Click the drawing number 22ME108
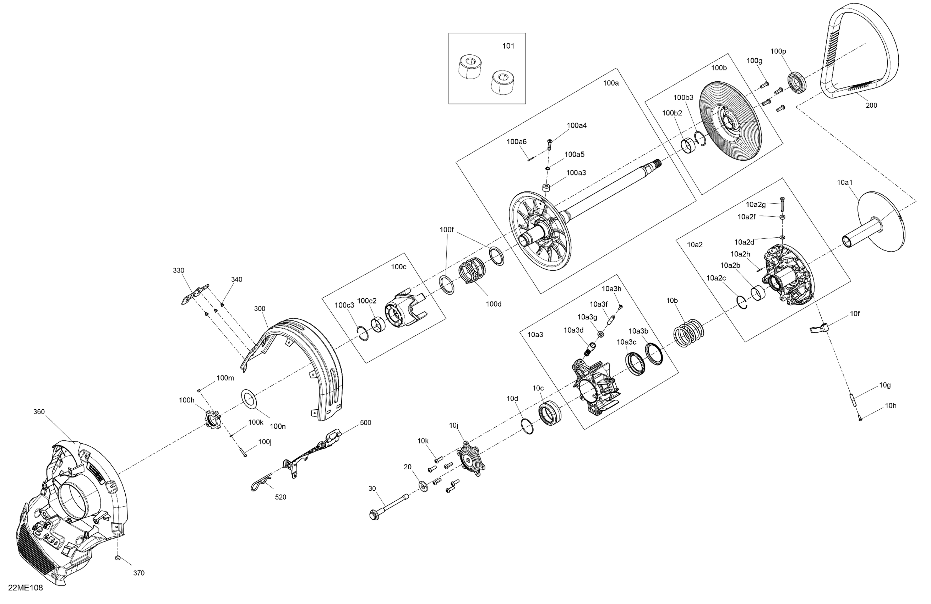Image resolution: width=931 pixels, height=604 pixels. pos(26,588)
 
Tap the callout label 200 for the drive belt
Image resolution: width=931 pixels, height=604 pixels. pos(871,105)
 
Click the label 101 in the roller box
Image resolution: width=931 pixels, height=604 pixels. pos(508,46)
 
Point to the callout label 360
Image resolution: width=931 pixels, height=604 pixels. pos(39,412)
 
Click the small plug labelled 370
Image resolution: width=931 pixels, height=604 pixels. pos(118,557)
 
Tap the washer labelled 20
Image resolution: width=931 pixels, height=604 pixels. pos(423,486)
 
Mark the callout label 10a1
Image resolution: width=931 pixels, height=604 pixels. pos(845,182)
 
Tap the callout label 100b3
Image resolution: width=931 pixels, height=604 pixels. pos(683,97)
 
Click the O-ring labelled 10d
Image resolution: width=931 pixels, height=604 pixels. pos(527,426)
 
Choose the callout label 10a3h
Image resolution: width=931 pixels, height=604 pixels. pos(611,289)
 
